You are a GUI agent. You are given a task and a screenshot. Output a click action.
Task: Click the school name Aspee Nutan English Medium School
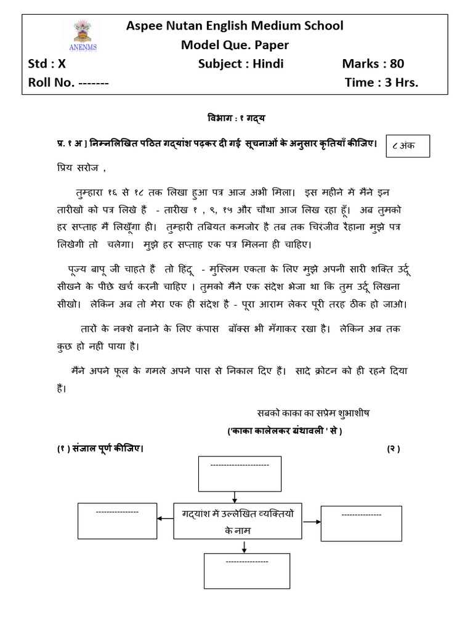(235, 26)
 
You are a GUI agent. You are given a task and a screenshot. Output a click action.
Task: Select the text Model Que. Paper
(235, 45)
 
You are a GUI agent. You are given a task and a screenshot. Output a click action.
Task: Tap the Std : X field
(46, 64)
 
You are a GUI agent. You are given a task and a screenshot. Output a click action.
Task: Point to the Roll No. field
(68, 82)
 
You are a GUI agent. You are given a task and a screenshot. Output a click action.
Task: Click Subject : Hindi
(241, 64)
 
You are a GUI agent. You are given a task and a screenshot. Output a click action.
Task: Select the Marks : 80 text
(373, 64)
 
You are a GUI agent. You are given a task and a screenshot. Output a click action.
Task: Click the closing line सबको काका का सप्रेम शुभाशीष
(313, 412)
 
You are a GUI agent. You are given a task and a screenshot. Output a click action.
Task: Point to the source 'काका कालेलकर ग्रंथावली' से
(285, 431)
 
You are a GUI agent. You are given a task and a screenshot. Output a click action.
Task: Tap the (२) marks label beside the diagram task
(394, 449)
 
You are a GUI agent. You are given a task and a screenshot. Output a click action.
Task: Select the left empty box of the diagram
(117, 520)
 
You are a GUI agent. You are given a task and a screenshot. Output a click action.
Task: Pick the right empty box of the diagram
(361, 523)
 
